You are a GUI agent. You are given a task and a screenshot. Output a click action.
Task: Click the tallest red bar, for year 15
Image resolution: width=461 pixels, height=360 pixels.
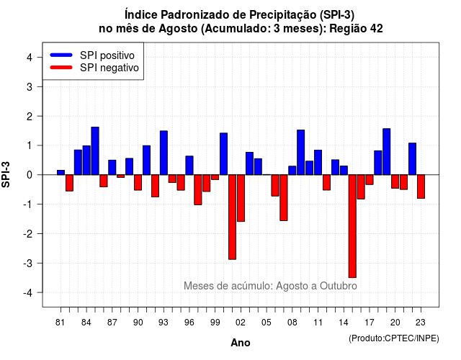(352, 226)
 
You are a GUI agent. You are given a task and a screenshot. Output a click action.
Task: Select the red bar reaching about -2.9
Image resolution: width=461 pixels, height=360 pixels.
(232, 217)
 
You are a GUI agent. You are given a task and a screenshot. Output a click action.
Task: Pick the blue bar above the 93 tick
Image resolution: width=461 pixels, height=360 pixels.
(164, 153)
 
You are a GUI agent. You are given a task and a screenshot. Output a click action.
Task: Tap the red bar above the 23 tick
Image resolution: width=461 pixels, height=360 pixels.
(421, 186)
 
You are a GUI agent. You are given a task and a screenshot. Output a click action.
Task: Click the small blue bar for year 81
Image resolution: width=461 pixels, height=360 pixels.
(61, 173)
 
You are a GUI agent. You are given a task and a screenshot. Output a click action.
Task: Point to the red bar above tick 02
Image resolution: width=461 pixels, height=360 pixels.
(241, 198)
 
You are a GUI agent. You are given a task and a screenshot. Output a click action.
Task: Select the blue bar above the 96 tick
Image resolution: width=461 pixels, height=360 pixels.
(189, 166)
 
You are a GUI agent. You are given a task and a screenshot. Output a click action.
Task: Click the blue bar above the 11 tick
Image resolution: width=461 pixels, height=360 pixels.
(318, 162)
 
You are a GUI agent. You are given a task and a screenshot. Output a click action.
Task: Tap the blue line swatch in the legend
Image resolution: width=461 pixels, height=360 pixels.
(61, 55)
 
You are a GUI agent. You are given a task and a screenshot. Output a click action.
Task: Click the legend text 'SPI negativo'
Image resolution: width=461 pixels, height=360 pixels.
(109, 68)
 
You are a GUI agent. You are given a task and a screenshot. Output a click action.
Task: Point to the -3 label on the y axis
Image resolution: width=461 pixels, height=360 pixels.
(29, 263)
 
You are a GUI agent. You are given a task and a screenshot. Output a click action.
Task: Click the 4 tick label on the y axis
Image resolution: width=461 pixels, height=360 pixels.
(30, 57)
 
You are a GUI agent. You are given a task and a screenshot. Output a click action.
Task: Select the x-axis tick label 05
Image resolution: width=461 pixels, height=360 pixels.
(267, 323)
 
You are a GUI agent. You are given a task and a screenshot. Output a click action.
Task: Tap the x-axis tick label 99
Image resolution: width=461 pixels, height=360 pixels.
(215, 323)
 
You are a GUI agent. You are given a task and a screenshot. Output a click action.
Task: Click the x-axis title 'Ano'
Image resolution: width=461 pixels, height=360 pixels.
(241, 343)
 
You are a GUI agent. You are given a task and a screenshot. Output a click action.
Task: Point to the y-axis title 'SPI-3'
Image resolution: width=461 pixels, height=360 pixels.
(6, 174)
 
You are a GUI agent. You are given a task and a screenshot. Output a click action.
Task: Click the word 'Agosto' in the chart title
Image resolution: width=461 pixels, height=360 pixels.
(178, 29)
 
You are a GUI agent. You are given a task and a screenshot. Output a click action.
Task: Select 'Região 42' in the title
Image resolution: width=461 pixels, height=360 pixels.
(356, 29)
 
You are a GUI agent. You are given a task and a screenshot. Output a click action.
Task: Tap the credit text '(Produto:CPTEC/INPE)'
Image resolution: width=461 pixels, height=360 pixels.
(394, 338)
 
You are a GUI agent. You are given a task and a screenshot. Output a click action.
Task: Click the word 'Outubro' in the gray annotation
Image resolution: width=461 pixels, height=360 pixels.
(339, 286)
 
